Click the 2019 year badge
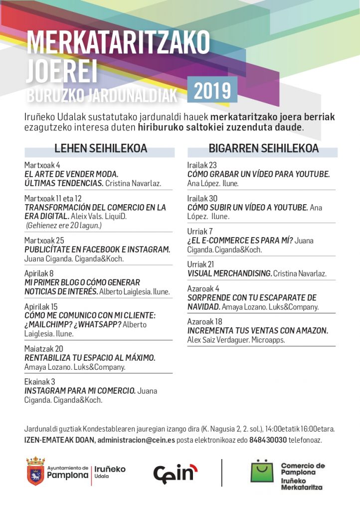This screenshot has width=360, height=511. (212, 91)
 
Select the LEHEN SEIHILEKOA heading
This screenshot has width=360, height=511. (100, 149)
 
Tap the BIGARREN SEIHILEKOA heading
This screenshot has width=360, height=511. (263, 149)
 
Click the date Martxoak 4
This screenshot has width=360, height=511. (42, 165)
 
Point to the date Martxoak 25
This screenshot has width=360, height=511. (44, 240)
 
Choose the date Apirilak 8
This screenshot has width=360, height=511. (39, 273)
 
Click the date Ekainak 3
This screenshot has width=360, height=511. (39, 382)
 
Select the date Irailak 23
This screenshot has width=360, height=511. (202, 165)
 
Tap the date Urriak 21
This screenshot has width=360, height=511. (200, 264)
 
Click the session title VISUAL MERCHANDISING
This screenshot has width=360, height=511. (230, 273)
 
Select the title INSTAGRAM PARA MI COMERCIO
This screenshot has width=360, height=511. (80, 391)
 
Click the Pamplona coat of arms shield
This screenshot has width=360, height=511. (35, 472)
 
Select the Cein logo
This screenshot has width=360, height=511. (175, 472)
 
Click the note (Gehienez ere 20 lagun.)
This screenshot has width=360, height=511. (64, 226)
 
